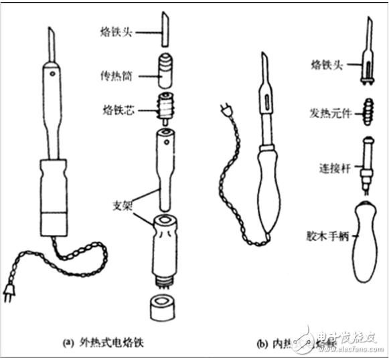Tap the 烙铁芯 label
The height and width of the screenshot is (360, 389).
pos(118,109)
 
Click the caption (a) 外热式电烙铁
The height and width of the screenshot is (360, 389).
pos(107,344)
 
